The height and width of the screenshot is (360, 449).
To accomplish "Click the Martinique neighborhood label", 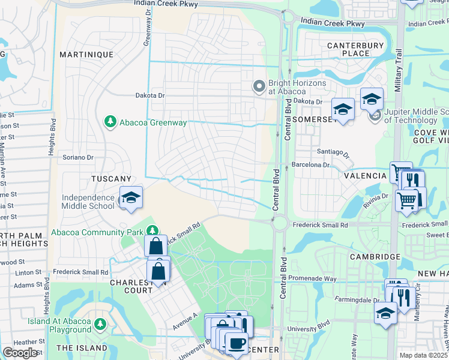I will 86,55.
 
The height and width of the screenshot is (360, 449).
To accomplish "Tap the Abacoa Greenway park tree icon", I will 110,122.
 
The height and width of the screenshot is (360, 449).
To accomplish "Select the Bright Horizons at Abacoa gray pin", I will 259,87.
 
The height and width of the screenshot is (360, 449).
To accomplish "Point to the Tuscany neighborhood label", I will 111,179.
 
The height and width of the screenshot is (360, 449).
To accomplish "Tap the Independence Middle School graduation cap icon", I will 130,197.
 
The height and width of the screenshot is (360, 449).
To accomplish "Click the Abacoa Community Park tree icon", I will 153,231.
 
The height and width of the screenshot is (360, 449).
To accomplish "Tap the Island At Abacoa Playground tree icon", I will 100,324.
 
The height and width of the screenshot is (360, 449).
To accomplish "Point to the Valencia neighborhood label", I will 365,176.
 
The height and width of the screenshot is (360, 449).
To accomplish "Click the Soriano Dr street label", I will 79,158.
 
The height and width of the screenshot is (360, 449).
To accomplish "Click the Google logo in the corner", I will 20,353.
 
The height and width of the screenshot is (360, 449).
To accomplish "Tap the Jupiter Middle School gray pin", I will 376,115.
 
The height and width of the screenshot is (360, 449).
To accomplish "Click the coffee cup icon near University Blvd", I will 236,343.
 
